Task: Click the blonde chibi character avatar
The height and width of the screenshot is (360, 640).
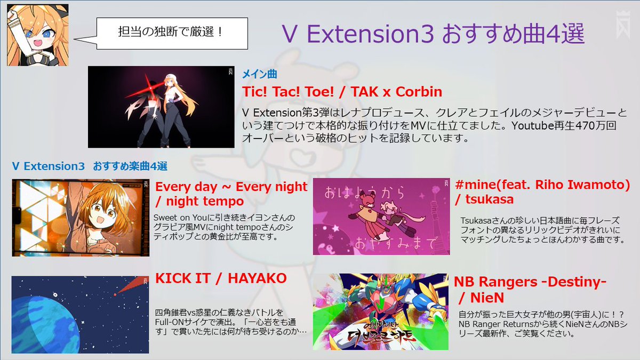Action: pyautogui.click(x=37, y=35)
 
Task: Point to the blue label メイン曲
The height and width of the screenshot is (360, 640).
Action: pyautogui.click(x=260, y=75)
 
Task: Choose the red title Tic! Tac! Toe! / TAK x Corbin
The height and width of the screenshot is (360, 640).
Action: pyautogui.click(x=342, y=92)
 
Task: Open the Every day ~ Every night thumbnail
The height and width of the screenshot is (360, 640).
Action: pyautogui.click(x=81, y=218)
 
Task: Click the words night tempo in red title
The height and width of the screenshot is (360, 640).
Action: pyautogui.click(x=205, y=202)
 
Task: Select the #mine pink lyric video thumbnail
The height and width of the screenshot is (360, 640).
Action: pyautogui.click(x=380, y=216)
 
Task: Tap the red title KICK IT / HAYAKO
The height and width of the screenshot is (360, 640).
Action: pyautogui.click(x=221, y=278)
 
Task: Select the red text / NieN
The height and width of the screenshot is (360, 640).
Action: pyautogui.click(x=482, y=298)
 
